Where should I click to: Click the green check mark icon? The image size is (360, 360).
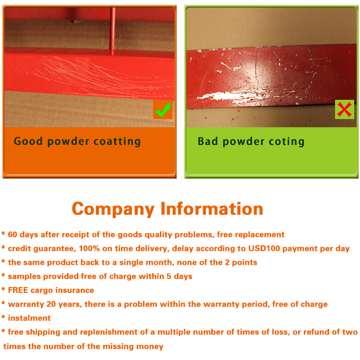[x=163, y=110]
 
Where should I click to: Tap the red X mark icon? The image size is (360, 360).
[x=344, y=109]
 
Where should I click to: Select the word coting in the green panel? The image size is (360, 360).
[x=286, y=142]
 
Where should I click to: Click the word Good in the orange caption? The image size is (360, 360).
[x=28, y=141]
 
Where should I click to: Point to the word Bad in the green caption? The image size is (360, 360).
[x=207, y=141]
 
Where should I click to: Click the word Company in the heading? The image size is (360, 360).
[x=113, y=209]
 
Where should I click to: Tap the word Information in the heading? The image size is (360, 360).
[x=212, y=209]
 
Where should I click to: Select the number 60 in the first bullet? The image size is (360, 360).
[x=13, y=235]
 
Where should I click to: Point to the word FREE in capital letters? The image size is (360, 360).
[x=18, y=290]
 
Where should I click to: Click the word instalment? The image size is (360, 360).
[x=29, y=318]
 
